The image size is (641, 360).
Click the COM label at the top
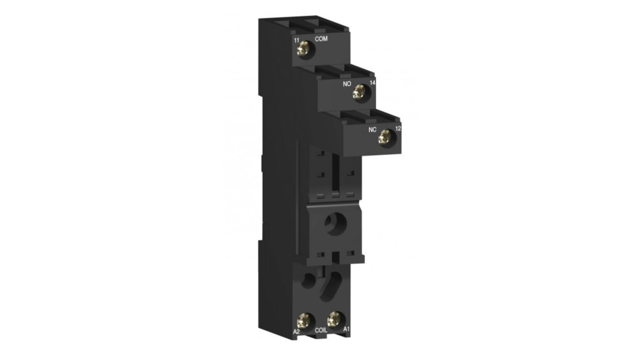pos(321,39)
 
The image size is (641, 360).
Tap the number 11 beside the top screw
pos(297,41)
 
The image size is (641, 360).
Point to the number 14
pos(372,83)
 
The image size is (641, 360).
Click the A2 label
pos(297,331)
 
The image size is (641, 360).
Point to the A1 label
pos(346,329)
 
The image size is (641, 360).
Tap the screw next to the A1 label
pos(334,319)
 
